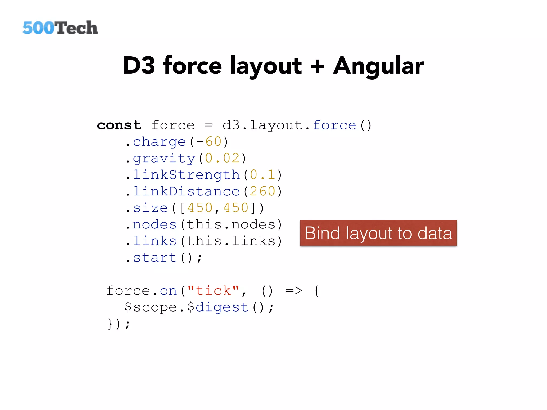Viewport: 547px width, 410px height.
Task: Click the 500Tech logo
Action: click(60, 28)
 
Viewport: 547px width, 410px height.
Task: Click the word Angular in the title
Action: click(378, 66)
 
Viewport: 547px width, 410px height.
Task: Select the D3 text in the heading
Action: click(139, 66)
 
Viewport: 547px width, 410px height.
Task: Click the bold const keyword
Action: click(119, 125)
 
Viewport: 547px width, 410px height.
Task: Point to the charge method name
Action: click(159, 142)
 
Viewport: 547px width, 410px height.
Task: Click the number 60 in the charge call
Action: click(214, 142)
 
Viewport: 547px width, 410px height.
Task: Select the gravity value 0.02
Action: click(222, 158)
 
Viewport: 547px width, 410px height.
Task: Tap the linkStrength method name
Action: click(186, 175)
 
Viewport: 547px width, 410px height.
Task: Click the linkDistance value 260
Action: click(262, 191)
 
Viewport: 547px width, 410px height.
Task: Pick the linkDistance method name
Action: click(186, 191)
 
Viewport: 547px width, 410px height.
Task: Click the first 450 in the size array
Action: click(200, 208)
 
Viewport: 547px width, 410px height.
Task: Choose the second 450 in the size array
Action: click(236, 208)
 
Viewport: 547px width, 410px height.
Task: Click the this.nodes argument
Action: click(231, 224)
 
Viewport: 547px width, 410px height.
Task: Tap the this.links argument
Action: click(231, 241)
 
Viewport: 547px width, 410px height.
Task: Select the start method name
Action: click(155, 258)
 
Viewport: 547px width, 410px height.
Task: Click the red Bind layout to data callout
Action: click(378, 233)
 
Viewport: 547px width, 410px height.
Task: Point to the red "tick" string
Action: click(213, 291)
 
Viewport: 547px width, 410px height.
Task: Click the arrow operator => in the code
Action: click(294, 291)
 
